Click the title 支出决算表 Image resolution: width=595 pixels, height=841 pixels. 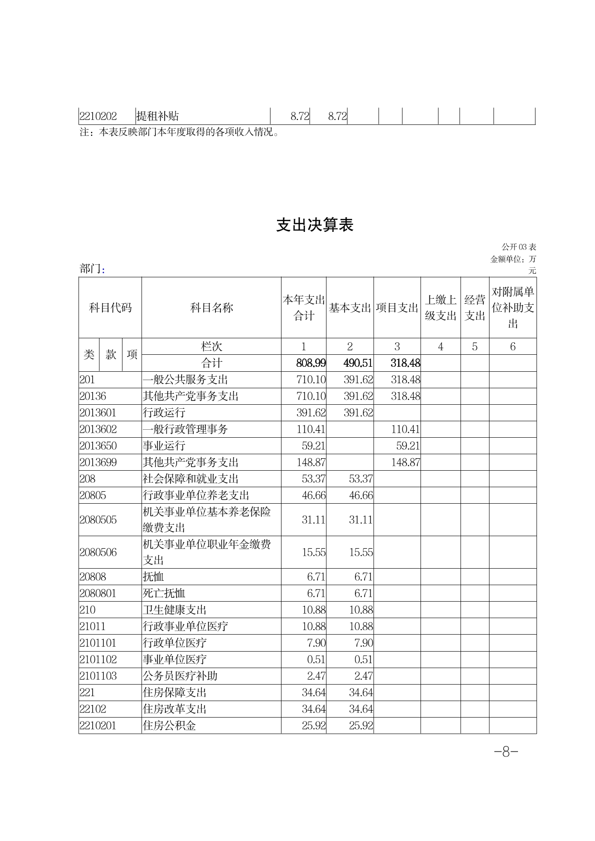(315, 225)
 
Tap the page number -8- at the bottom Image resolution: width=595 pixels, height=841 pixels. (505, 752)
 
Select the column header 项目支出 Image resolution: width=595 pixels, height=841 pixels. (397, 308)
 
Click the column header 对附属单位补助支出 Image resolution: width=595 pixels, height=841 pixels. (512, 308)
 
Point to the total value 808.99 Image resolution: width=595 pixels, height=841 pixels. (310, 363)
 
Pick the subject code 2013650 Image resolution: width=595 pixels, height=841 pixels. (97, 446)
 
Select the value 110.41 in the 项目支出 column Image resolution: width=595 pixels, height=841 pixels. (405, 429)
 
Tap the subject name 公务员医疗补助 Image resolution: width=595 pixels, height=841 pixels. (180, 676)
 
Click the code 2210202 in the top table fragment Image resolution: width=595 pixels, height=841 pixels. (98, 116)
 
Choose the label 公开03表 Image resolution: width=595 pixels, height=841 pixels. (519, 247)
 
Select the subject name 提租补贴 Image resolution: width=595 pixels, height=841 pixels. (157, 116)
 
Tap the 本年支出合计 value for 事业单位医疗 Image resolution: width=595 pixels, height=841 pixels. (316, 660)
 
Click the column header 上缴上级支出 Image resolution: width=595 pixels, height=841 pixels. (440, 308)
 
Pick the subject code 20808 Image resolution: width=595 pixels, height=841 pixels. (92, 577)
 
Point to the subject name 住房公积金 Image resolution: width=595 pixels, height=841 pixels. (169, 726)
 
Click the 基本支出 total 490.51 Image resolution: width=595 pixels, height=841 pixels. (358, 363)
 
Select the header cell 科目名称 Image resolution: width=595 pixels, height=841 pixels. (211, 308)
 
